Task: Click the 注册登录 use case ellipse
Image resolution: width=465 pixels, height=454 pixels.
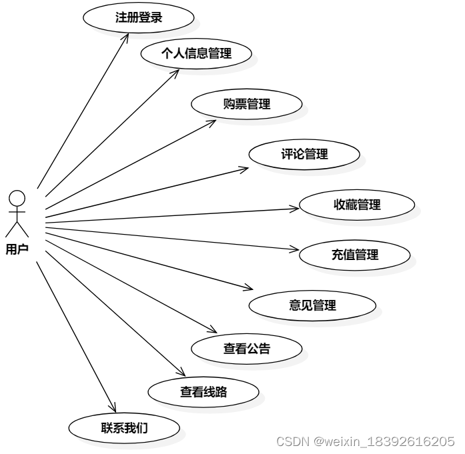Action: [x=138, y=18]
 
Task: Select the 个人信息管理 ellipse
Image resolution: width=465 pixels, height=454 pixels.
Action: [x=196, y=54]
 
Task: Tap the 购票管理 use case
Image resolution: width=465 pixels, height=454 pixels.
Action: [x=247, y=104]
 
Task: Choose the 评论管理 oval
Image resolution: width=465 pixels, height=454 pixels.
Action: [x=304, y=154]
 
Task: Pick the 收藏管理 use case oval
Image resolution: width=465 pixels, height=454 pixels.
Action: [x=357, y=205]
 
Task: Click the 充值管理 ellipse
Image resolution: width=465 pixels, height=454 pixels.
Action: [x=354, y=255]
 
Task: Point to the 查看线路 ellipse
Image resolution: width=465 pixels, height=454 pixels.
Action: [x=203, y=392]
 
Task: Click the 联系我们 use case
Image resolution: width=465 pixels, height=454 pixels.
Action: [x=124, y=428]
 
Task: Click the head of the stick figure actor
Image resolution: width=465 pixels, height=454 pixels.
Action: [x=17, y=198]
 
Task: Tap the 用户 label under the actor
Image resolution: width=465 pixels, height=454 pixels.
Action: [x=17, y=250]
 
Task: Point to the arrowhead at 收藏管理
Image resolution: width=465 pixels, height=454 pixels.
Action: [x=298, y=209]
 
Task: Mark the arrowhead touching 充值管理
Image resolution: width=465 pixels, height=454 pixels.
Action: [x=297, y=250]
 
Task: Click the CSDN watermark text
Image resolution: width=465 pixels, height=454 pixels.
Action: [x=366, y=441]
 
